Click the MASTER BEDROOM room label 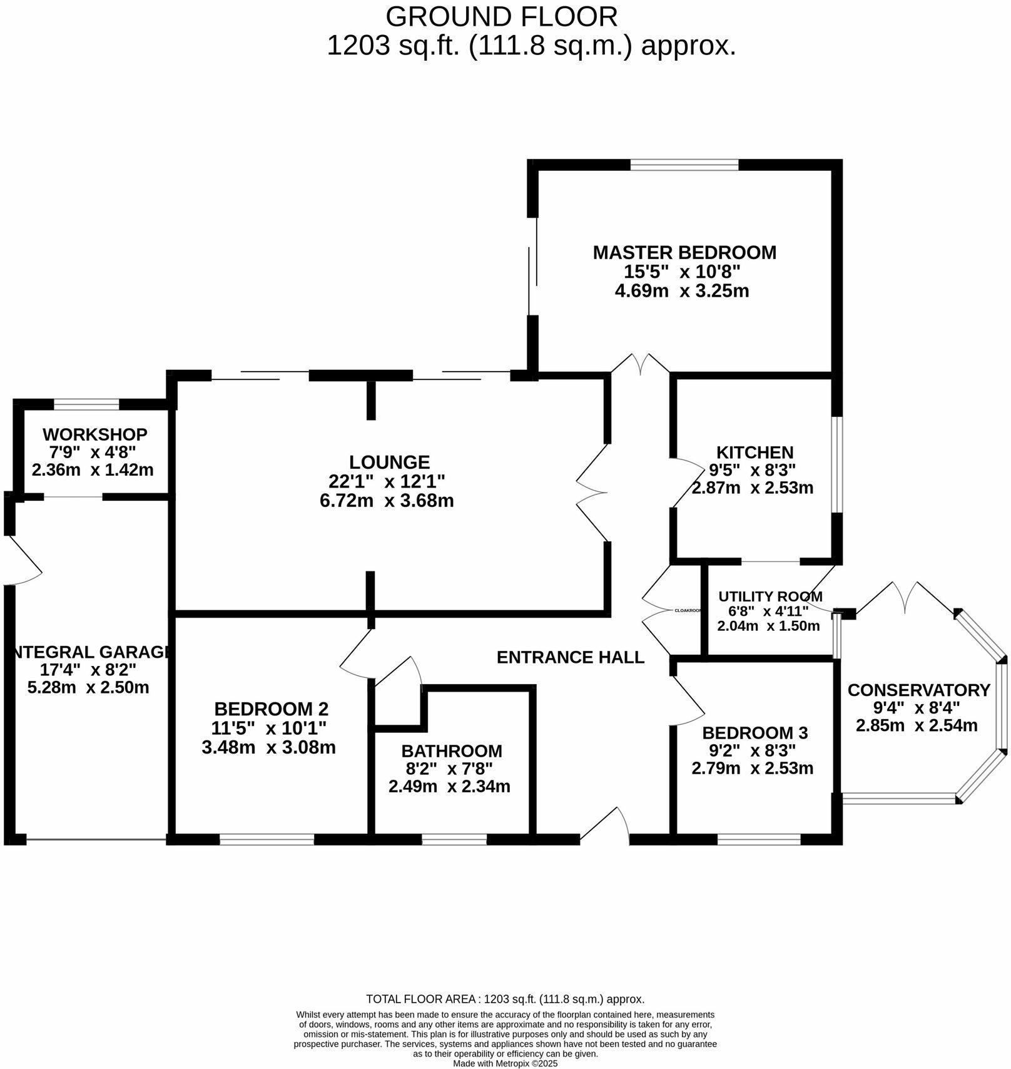(x=684, y=253)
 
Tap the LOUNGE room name (x=389, y=463)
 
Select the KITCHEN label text (x=754, y=453)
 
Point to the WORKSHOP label (x=95, y=434)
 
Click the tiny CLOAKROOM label (x=687, y=610)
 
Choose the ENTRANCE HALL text (x=570, y=657)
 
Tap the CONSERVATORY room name (x=918, y=690)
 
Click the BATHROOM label (x=452, y=751)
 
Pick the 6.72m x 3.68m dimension (x=387, y=501)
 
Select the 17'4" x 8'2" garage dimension (x=88, y=670)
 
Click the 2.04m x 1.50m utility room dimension (x=768, y=626)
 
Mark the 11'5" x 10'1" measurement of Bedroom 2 (x=269, y=729)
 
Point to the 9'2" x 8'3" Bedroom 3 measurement (x=753, y=750)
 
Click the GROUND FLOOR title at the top (x=501, y=17)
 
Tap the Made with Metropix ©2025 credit (x=505, y=1063)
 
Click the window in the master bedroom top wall (x=684, y=165)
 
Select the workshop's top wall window (x=86, y=404)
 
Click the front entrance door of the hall (x=605, y=825)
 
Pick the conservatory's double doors (x=905, y=596)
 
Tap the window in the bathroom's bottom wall (x=454, y=839)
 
